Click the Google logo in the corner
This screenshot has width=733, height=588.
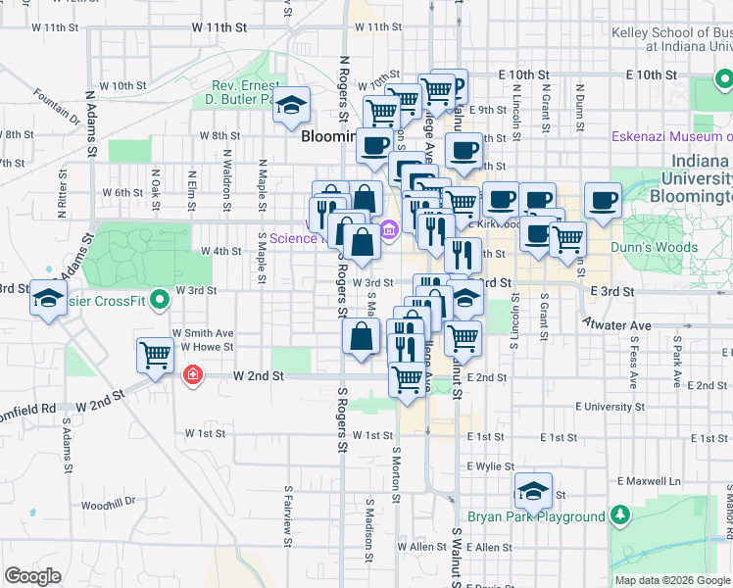tap(33, 576)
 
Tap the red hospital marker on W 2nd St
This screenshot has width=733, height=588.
tap(194, 374)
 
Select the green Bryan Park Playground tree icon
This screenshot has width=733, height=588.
tap(619, 514)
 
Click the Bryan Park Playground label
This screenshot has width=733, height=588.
tap(535, 517)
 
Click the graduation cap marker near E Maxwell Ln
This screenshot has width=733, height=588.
tap(532, 490)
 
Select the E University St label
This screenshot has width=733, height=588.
tap(610, 406)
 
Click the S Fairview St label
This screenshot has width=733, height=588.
tap(287, 511)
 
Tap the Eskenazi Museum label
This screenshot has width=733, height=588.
tap(672, 136)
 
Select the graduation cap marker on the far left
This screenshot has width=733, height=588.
tap(47, 298)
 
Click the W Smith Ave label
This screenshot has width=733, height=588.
tap(203, 333)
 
